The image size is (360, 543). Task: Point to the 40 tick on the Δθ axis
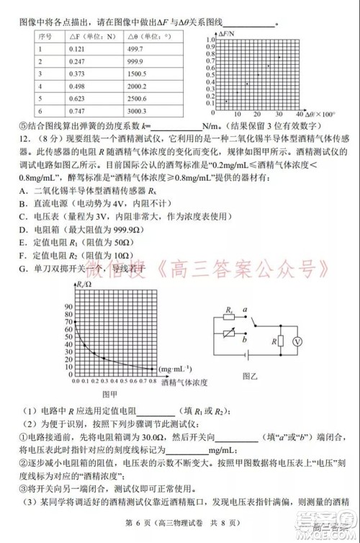[299, 115]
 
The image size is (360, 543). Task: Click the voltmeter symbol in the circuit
[294, 344]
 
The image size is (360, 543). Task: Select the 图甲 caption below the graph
[110, 393]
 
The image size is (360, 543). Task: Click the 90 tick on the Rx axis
[68, 305]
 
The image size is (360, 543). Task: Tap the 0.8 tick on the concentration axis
[153, 379]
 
